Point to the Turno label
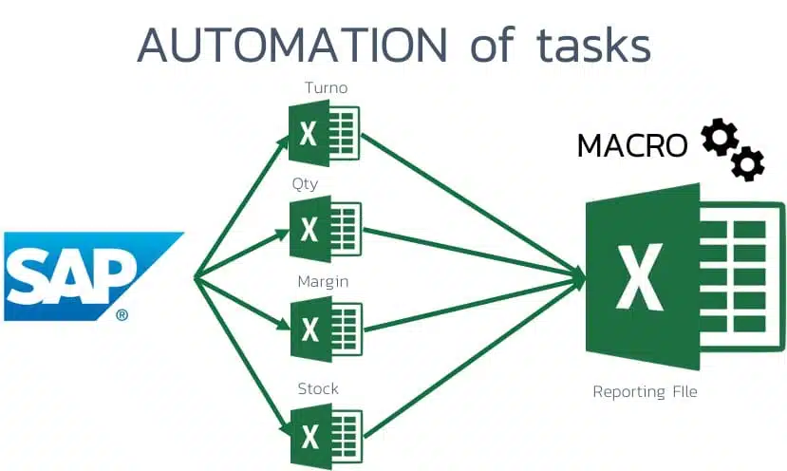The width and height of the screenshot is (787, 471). tap(325, 88)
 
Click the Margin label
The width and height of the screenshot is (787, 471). tap(323, 282)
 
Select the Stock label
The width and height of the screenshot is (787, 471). tap(318, 388)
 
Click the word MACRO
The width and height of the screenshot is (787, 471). tap(632, 145)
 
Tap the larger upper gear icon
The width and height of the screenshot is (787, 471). tap(718, 139)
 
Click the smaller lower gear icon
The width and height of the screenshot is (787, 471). tap(748, 163)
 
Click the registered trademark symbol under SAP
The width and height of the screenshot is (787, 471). tap(122, 314)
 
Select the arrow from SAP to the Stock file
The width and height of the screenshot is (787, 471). tap(242, 355)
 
